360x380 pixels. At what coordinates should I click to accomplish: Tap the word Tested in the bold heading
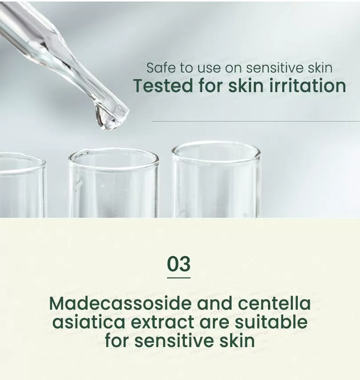click(163, 85)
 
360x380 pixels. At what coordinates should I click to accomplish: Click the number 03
click(179, 264)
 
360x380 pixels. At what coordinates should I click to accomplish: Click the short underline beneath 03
click(179, 278)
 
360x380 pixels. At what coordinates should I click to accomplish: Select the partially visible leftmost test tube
click(22, 186)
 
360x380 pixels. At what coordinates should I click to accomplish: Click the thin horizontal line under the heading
click(256, 121)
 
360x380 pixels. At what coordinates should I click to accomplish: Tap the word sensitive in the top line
click(275, 68)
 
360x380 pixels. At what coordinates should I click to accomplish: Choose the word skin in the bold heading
click(246, 85)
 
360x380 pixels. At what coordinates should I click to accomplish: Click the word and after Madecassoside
click(214, 303)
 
